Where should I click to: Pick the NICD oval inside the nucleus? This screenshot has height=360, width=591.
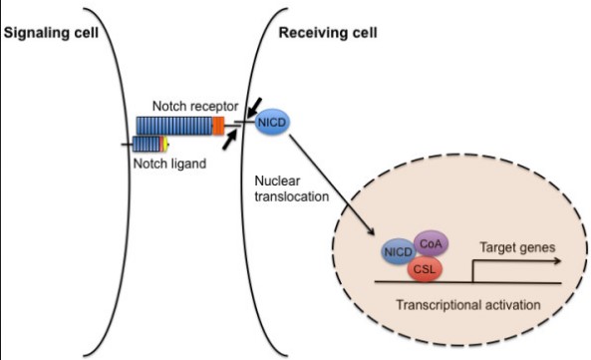(x=399, y=252)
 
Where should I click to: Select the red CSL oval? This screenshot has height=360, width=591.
(x=429, y=266)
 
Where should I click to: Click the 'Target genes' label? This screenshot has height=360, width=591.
(x=516, y=244)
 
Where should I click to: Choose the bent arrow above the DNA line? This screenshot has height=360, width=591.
(x=498, y=264)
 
